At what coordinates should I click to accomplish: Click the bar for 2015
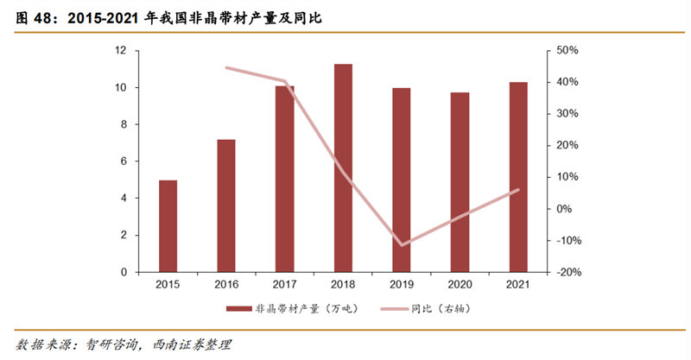[x=168, y=225]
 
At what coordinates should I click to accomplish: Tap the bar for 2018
[x=343, y=167]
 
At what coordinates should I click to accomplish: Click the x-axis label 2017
[x=284, y=283]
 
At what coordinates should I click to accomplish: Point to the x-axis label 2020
[x=460, y=283]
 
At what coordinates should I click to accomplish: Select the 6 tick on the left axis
[x=124, y=161]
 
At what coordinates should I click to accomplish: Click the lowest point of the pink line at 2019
[x=402, y=244]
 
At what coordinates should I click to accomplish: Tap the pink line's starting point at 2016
[x=225, y=67]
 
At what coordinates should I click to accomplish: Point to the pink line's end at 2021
[x=518, y=190]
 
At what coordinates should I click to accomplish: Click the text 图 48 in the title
[x=28, y=16]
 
